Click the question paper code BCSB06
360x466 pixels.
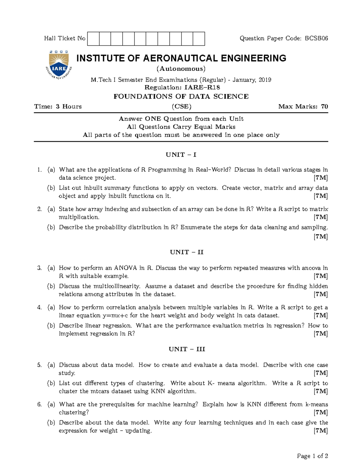[316, 38]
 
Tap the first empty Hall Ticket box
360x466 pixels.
[93, 39]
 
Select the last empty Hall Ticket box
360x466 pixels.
[199, 39]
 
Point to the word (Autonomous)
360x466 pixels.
[181, 69]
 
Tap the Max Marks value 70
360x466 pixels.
[324, 107]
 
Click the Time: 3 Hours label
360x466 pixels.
[58, 107]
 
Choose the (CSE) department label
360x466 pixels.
[181, 107]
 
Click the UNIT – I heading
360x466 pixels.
[181, 155]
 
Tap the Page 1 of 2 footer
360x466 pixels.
[312, 456]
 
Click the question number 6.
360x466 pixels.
[39, 404]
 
